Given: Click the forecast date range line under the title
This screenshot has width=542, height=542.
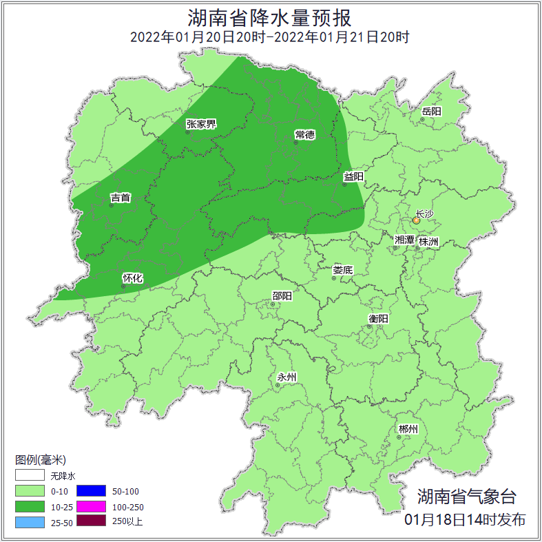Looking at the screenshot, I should click(271, 37).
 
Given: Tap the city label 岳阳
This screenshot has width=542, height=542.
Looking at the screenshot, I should click(432, 111).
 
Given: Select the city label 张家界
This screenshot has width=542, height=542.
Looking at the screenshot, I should click(201, 124).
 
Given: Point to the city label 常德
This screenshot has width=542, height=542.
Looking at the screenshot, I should click(304, 134).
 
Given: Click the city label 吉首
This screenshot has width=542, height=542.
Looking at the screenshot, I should click(121, 198).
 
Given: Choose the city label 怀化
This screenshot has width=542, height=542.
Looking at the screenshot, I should click(132, 278).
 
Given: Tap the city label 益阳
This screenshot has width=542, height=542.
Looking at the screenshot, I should click(353, 176).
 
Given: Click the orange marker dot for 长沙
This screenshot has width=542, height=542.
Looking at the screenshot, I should click(416, 220).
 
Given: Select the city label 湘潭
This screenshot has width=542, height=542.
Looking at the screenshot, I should click(404, 240).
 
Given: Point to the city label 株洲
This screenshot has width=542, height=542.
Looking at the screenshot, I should click(428, 242).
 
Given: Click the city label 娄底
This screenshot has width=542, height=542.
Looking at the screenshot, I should click(342, 270).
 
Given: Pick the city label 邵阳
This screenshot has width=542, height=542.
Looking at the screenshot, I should click(282, 296).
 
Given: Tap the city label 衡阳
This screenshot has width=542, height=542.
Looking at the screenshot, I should click(378, 318).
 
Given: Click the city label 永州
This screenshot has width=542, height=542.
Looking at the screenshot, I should click(286, 377).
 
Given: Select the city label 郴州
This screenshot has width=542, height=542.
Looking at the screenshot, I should click(408, 429).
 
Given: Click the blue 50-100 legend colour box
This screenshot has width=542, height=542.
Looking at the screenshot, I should click(91, 491).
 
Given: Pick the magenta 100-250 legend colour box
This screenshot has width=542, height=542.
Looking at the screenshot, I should click(91, 506).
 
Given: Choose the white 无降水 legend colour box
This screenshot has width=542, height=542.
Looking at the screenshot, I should click(30, 476).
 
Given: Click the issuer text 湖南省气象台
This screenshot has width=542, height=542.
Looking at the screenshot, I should click(466, 496).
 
